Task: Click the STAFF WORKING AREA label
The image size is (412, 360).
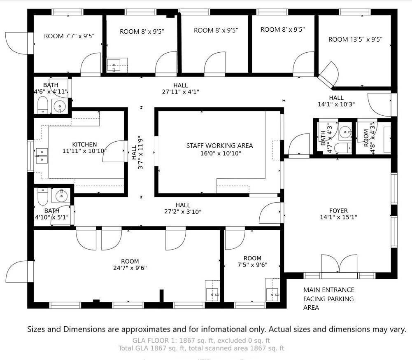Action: click(219, 150)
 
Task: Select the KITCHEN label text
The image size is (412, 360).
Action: click(84, 147)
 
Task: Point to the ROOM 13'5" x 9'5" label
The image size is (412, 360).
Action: click(355, 40)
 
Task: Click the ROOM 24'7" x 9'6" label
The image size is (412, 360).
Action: click(130, 264)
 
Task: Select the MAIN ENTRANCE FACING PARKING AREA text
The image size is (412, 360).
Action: click(328, 299)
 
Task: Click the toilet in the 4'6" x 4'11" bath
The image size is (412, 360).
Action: click(42, 106)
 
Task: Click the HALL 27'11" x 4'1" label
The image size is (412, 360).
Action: click(180, 89)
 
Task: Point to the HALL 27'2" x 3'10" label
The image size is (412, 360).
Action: click(183, 208)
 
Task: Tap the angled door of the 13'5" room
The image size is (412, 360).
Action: click(328, 75)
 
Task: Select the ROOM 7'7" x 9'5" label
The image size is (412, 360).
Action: click(69, 36)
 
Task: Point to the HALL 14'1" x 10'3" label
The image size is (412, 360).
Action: click(336, 101)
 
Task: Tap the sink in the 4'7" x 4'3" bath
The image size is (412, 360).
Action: click(345, 132)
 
